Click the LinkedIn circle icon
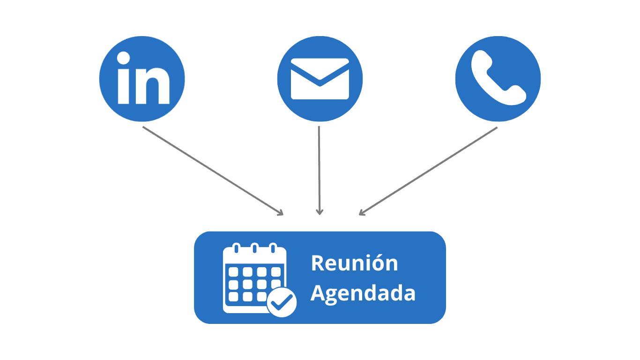(x=142, y=79)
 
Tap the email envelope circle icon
(x=320, y=79)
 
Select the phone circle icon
(x=498, y=79)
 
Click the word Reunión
(x=354, y=263)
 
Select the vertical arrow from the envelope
(x=319, y=169)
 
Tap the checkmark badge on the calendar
(x=282, y=302)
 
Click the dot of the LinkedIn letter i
(x=124, y=59)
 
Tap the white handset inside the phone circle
(x=498, y=78)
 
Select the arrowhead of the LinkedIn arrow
(x=281, y=213)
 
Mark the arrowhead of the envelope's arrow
(x=320, y=212)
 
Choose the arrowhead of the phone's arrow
(x=361, y=213)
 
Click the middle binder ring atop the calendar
(x=254, y=247)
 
